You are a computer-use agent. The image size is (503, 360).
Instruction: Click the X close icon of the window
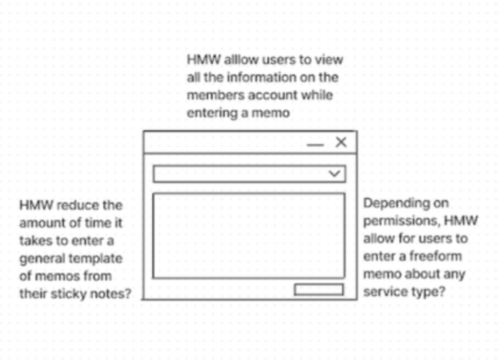pyautogui.click(x=341, y=142)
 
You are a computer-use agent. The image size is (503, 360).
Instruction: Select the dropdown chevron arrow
pyautogui.click(x=335, y=174)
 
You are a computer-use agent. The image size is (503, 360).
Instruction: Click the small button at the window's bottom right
pyautogui.click(x=319, y=290)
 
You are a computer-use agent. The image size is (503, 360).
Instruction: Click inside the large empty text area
pyautogui.click(x=248, y=234)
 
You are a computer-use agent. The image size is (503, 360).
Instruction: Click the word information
pyautogui.click(x=255, y=77)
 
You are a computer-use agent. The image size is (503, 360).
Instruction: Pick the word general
pyautogui.click(x=43, y=258)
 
